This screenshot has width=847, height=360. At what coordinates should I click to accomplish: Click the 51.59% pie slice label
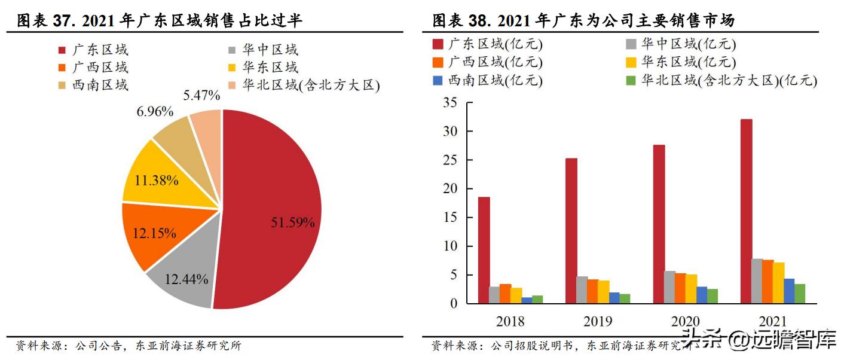[292, 223]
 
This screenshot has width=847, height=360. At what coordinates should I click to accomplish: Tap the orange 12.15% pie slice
[152, 233]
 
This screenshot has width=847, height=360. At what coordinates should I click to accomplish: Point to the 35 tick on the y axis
[450, 103]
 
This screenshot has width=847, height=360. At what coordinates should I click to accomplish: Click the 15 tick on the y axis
[450, 218]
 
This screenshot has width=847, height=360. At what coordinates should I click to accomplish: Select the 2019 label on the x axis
[598, 322]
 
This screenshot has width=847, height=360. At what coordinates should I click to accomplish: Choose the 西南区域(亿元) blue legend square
[438, 80]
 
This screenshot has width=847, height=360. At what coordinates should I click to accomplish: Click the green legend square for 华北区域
[631, 80]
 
